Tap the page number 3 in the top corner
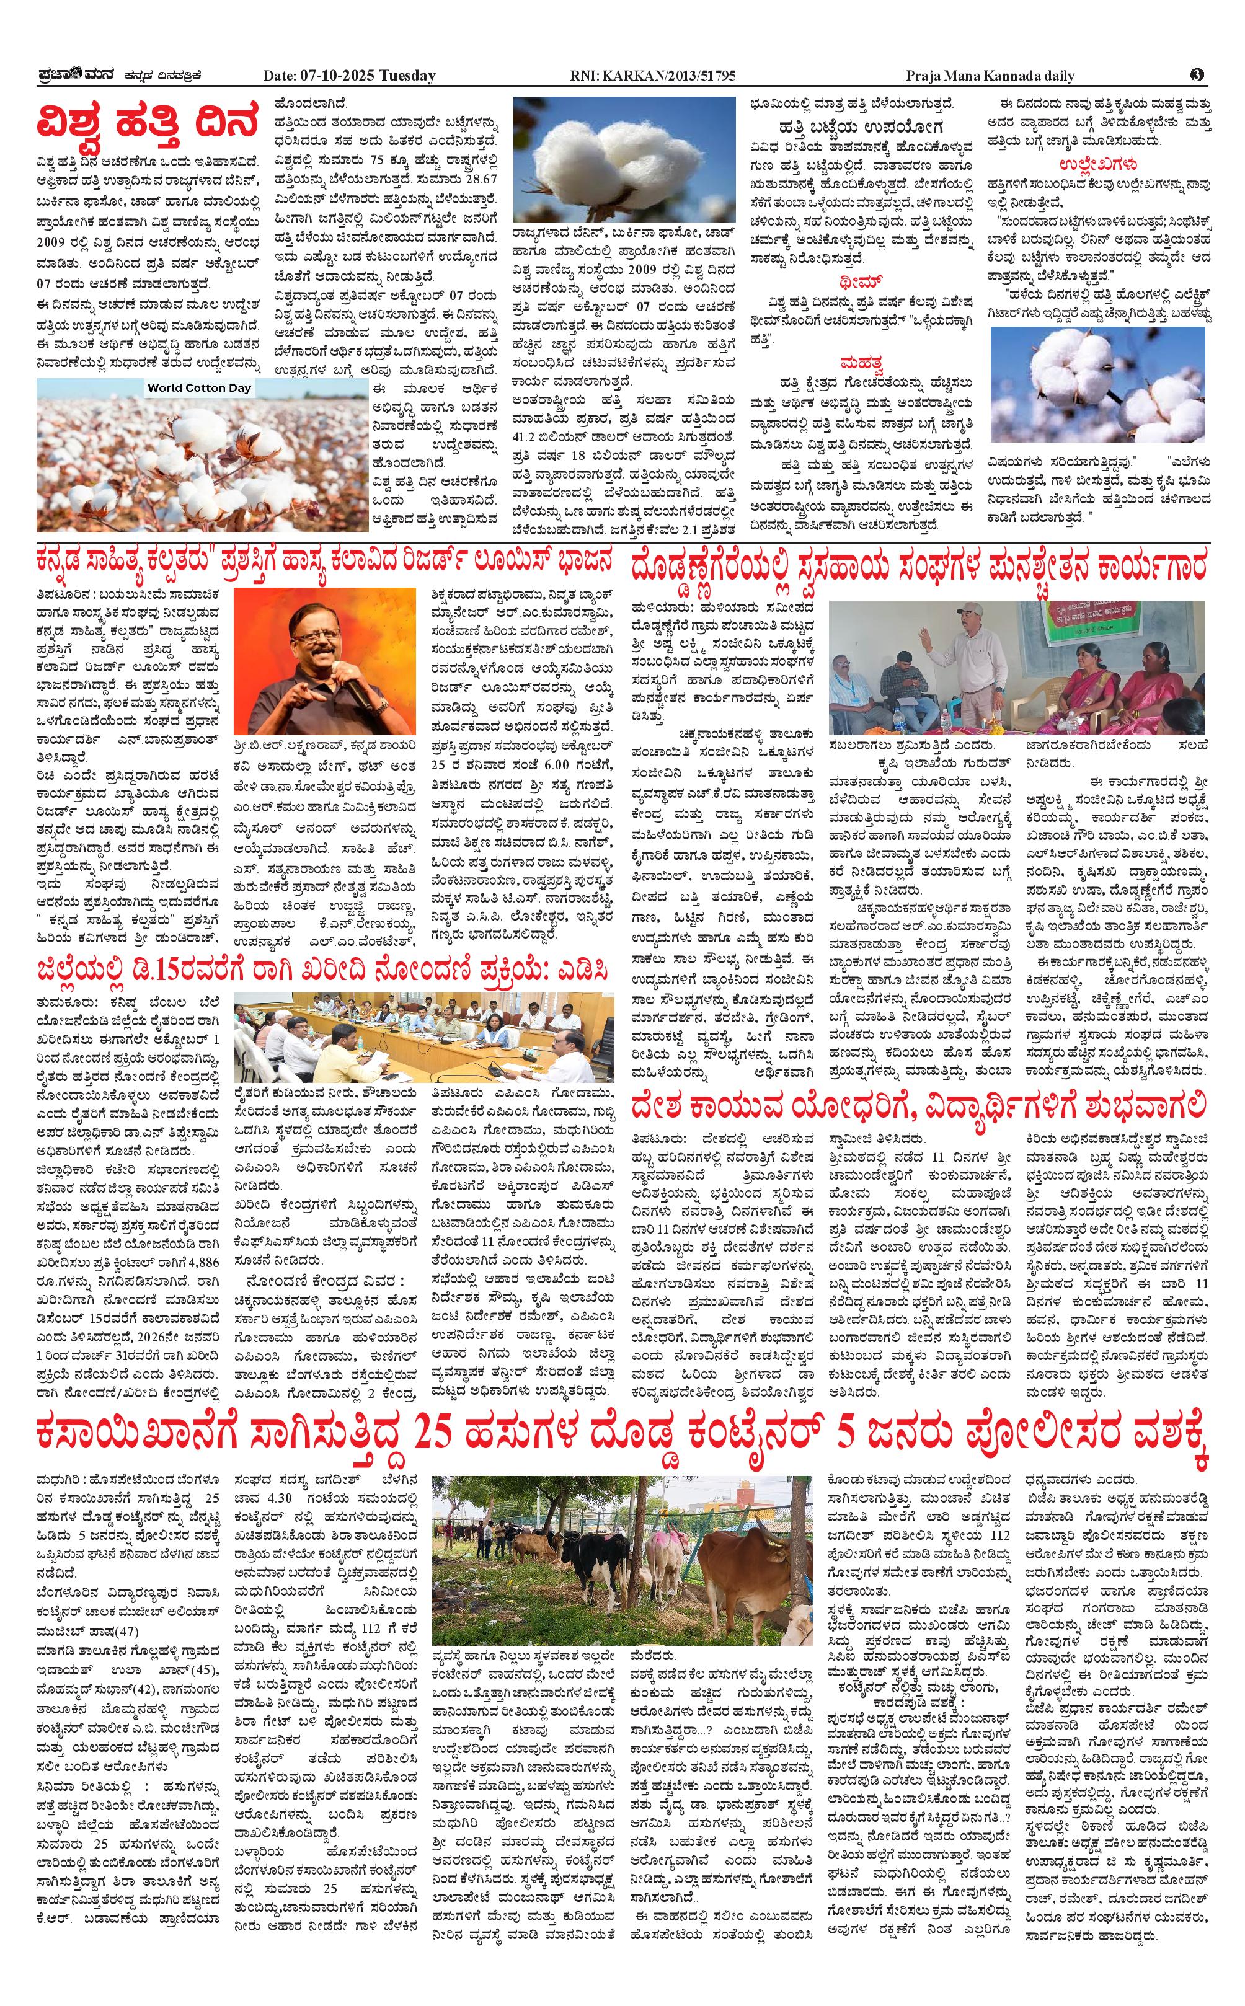click(1197, 75)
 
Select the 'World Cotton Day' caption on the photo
click(199, 387)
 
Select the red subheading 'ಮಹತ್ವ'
click(861, 363)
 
